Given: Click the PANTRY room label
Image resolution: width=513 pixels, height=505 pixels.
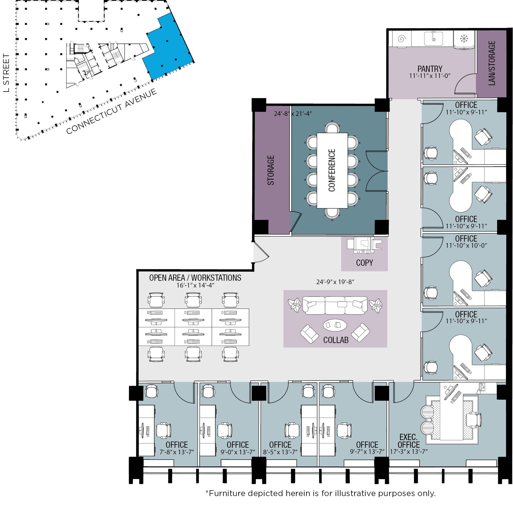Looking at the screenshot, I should click(x=429, y=69).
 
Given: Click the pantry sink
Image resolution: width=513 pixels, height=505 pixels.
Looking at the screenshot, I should click(x=433, y=39).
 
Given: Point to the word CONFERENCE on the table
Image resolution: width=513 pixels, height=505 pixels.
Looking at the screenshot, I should click(x=332, y=170).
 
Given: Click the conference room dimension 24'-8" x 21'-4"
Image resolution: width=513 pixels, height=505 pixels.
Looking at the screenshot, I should click(x=293, y=114).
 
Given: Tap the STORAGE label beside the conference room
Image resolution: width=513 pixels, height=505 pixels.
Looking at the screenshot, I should click(x=271, y=170).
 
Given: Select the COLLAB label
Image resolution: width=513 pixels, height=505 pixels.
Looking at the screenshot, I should click(x=336, y=340).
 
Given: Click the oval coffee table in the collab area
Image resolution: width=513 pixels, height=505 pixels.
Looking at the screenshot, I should click(x=335, y=325).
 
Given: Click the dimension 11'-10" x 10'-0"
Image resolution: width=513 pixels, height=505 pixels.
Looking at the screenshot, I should click(x=466, y=245).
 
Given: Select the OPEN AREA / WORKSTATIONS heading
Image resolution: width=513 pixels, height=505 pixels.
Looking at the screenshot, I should click(x=195, y=278).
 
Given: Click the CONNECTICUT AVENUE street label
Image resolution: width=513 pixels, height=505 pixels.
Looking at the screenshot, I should click(x=111, y=111).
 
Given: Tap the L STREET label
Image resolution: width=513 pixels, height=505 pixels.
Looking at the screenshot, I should click(x=6, y=73).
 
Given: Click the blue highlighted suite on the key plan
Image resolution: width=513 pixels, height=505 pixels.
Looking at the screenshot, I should click(x=170, y=48).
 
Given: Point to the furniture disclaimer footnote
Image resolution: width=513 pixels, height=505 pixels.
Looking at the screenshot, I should click(x=320, y=493).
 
